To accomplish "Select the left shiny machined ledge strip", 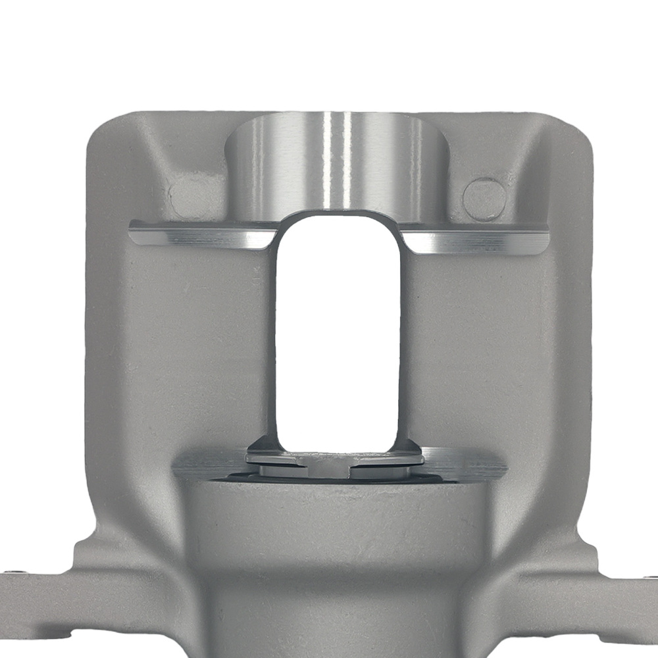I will (x=197, y=235).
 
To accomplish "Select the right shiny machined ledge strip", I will (x=480, y=240).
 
